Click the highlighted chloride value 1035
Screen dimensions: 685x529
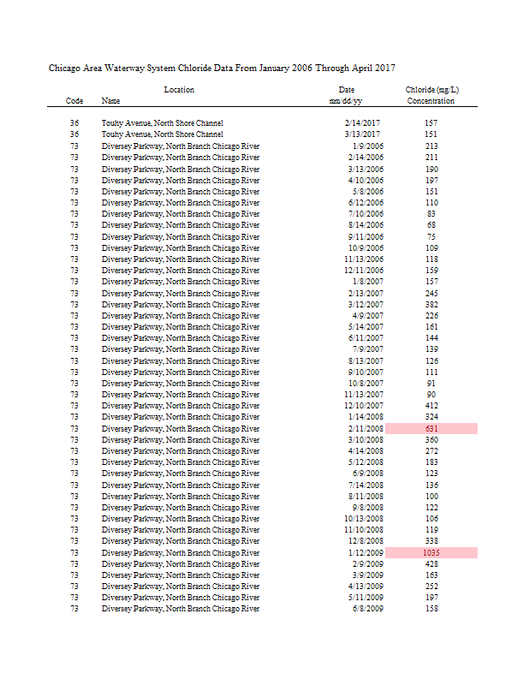click(x=431, y=553)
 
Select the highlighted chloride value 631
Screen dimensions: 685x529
click(x=431, y=428)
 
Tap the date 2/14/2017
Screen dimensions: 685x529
click(x=362, y=123)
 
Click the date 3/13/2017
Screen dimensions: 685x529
click(x=362, y=134)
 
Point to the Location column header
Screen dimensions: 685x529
click(x=179, y=90)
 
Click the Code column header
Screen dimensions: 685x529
click(x=74, y=101)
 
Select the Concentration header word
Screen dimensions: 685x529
click(x=431, y=101)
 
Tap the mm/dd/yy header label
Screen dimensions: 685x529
click(x=346, y=101)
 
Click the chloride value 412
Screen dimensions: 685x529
click(x=431, y=406)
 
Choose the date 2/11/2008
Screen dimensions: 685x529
click(x=366, y=428)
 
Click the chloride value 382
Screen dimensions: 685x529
click(x=431, y=304)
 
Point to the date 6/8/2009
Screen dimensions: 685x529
click(x=368, y=609)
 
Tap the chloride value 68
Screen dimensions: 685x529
click(x=431, y=225)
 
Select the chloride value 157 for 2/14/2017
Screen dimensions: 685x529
click(x=431, y=123)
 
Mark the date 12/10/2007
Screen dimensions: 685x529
click(x=364, y=406)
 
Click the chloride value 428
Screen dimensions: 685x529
click(x=431, y=564)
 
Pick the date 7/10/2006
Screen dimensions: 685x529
click(x=366, y=214)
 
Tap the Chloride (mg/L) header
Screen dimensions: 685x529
click(x=431, y=90)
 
